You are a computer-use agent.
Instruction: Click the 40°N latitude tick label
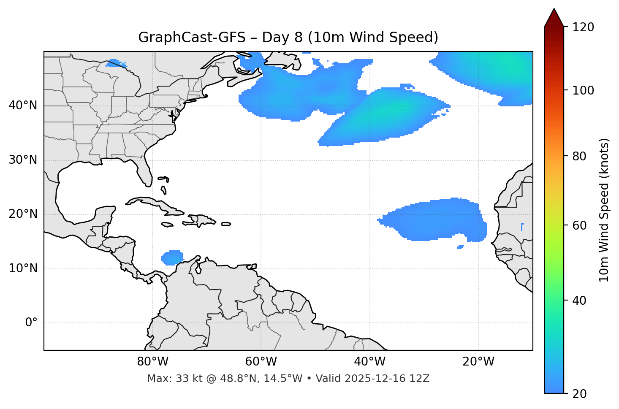tap(23, 106)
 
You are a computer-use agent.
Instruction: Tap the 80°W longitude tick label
tap(152, 362)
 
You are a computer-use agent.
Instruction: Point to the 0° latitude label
tap(31, 323)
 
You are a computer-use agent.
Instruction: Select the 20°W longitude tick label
tap(478, 362)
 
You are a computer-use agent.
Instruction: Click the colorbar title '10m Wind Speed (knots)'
tap(604, 210)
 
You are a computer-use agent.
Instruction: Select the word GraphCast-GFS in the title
tap(192, 38)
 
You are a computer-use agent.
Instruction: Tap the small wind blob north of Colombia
tap(172, 257)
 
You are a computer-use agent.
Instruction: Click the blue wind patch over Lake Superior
tap(117, 64)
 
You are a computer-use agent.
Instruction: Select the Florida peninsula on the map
tap(145, 173)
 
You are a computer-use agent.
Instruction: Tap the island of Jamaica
tap(167, 225)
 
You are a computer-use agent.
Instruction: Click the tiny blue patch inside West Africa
tap(522, 227)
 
